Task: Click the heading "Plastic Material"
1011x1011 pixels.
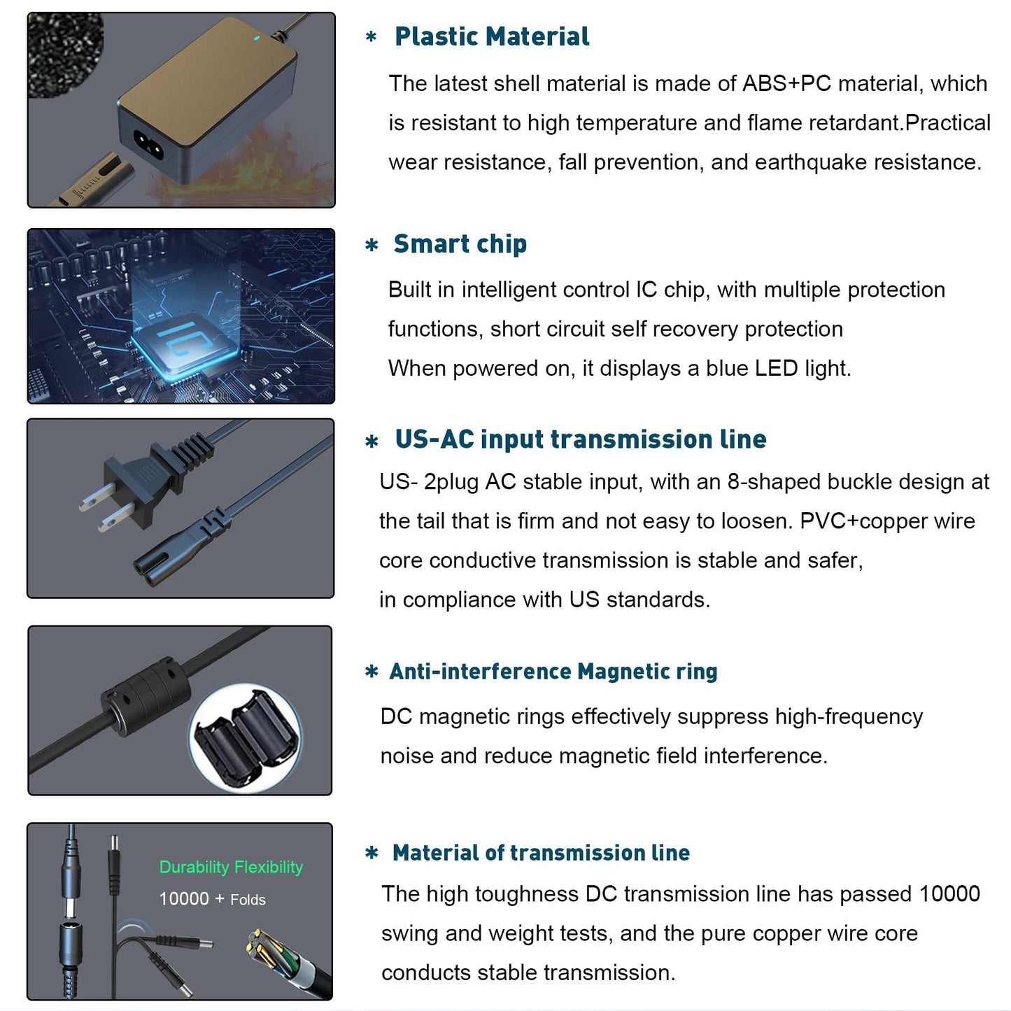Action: tap(492, 36)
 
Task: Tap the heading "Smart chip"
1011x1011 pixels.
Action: tap(460, 244)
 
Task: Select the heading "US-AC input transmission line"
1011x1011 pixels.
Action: tap(581, 439)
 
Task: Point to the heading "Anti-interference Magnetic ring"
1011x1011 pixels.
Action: tap(553, 672)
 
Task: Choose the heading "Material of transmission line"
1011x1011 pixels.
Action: tap(541, 853)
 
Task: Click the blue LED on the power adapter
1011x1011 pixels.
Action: tap(256, 38)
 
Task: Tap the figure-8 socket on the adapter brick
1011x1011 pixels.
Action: tap(148, 144)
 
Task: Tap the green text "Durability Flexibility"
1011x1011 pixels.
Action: tap(231, 867)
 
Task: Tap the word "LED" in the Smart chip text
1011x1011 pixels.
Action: tap(776, 368)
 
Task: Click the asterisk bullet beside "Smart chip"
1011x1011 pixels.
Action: tap(372, 246)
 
